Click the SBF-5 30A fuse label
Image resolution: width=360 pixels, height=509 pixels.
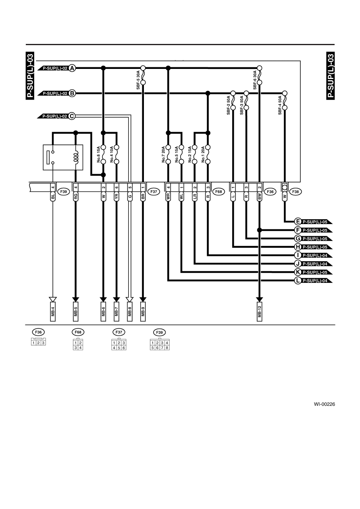point(138,80)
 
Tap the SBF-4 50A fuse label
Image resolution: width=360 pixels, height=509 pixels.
point(280,105)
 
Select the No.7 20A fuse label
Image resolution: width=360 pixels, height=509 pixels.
point(163,154)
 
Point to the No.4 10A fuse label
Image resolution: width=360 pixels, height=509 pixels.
point(112,154)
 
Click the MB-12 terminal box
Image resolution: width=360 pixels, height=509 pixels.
point(259,312)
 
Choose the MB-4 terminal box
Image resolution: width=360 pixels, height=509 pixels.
point(53,312)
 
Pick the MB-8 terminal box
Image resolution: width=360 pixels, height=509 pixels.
point(129,312)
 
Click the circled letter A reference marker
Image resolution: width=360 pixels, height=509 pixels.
point(72,68)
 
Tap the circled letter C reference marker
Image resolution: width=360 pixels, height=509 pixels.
point(72,116)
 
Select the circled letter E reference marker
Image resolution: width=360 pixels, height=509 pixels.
point(298,222)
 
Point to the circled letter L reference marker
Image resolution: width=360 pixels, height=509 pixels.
point(298,280)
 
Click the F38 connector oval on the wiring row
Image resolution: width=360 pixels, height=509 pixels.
point(295,192)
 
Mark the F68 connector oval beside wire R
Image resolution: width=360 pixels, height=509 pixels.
point(218,192)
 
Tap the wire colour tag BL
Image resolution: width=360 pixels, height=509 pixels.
point(53,196)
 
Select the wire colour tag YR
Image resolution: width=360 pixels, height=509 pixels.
point(117,196)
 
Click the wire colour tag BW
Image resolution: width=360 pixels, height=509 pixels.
point(259,196)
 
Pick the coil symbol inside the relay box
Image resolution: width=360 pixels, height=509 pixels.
point(76,157)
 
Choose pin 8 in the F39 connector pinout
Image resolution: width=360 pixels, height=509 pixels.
point(167,348)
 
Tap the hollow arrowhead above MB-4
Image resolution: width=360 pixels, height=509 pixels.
point(53,299)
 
